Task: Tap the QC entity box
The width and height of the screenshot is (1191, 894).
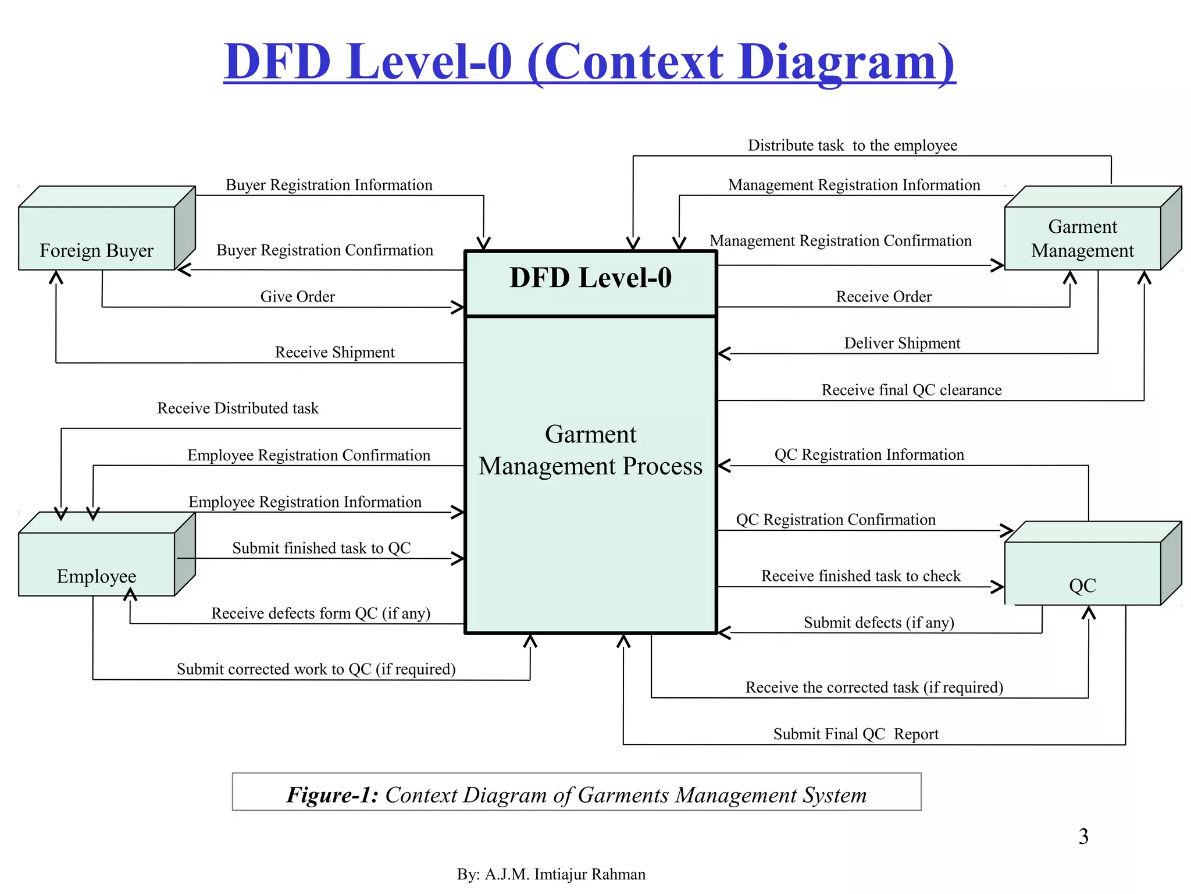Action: click(x=1082, y=573)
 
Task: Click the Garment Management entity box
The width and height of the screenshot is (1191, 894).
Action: click(x=1082, y=238)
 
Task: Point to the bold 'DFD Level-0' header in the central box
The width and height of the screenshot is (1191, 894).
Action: click(x=590, y=278)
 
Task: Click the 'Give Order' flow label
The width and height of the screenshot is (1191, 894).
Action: click(x=297, y=297)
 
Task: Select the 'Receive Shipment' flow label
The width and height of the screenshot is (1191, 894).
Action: click(x=334, y=353)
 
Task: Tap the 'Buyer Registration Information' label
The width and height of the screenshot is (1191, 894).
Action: click(x=329, y=185)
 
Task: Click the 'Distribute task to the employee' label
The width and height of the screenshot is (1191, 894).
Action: click(x=852, y=146)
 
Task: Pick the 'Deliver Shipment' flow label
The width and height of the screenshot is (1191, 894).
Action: click(x=902, y=343)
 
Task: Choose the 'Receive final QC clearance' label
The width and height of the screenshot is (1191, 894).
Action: click(x=911, y=390)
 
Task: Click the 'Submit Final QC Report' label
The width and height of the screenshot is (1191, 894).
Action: click(x=855, y=735)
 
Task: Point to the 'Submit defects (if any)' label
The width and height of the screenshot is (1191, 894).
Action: click(x=879, y=623)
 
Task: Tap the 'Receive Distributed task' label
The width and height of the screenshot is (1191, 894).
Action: click(x=237, y=409)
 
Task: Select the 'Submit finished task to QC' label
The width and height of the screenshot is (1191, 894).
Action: click(x=321, y=548)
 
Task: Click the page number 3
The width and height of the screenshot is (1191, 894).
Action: click(x=1083, y=837)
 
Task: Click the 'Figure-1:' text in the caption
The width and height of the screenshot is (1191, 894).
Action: click(x=332, y=795)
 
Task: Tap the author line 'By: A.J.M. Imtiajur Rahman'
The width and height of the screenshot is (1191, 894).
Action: click(x=551, y=874)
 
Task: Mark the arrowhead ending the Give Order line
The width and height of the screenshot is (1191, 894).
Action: click(x=459, y=307)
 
